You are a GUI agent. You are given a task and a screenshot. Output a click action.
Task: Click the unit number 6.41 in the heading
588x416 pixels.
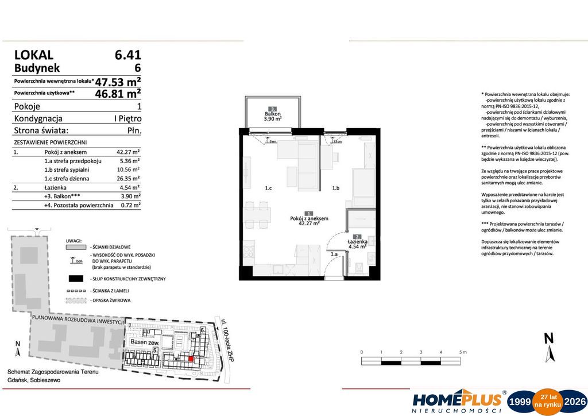(127, 55)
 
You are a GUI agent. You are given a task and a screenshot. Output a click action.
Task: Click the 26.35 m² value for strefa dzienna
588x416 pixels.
(129, 178)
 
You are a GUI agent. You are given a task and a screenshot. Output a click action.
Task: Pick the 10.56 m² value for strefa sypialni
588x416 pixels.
(129, 170)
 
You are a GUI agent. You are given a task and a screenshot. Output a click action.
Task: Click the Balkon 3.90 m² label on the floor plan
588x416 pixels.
(273, 115)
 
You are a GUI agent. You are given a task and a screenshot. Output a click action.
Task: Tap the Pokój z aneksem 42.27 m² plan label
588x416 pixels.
(309, 221)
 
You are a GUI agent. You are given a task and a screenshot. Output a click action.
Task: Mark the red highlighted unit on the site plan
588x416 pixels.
(191, 359)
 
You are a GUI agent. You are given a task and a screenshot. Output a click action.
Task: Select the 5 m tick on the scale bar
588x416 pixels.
(461, 352)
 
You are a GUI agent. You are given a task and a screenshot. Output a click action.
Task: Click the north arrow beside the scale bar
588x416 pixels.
(550, 348)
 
